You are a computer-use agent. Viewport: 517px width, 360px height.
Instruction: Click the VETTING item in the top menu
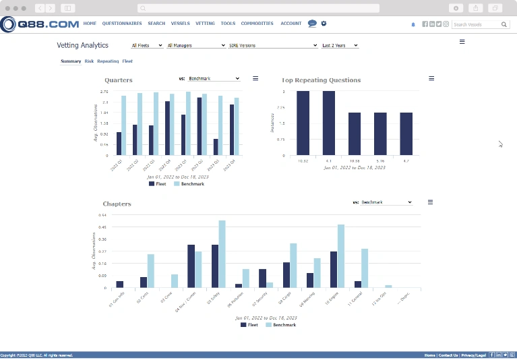click(205, 24)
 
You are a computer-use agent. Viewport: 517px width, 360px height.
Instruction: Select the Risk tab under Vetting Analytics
click(89, 61)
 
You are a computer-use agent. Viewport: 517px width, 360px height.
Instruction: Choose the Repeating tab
click(108, 61)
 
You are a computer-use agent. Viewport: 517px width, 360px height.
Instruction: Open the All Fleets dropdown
click(147, 45)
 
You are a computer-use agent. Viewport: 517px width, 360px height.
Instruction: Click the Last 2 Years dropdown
click(340, 45)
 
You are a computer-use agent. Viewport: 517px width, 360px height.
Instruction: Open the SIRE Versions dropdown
click(273, 45)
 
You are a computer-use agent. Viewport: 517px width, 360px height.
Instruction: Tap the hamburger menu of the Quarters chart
click(255, 78)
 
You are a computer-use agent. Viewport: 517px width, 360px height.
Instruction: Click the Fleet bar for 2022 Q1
click(119, 144)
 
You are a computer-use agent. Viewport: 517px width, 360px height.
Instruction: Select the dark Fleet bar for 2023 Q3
click(216, 147)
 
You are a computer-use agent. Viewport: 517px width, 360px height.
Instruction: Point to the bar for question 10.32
click(303, 123)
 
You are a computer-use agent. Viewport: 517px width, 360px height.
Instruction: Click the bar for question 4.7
click(406, 133)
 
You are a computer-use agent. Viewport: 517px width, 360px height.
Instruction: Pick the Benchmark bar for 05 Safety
click(222, 254)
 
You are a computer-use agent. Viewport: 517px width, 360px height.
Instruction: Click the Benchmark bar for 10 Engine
click(341, 256)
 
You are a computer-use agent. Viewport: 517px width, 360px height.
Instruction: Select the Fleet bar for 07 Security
click(262, 278)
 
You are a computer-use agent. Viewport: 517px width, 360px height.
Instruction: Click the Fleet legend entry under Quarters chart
click(158, 183)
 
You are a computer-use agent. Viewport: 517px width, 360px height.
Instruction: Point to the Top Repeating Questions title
click(321, 80)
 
